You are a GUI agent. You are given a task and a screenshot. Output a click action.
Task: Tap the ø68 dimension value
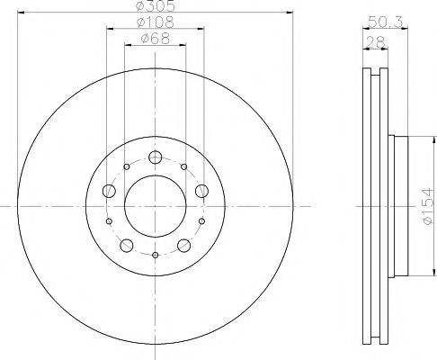click(156, 39)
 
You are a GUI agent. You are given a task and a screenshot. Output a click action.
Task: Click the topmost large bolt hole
click(156, 158)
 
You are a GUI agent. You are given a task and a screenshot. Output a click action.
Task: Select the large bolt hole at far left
click(110, 191)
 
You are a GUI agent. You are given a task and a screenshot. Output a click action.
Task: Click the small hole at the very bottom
click(156, 256)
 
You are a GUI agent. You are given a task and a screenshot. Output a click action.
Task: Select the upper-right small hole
click(184, 167)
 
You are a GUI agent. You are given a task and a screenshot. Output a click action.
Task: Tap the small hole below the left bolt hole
click(110, 221)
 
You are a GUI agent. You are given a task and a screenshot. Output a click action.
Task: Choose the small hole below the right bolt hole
click(201, 221)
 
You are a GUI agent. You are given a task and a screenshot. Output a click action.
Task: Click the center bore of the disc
click(156, 206)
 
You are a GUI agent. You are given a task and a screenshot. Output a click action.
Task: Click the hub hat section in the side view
click(401, 206)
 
